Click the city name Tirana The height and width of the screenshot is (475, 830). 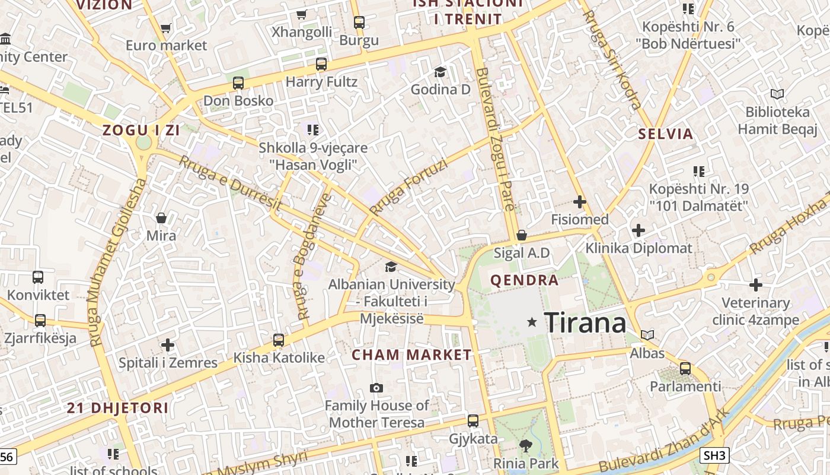pyautogui.click(x=585, y=323)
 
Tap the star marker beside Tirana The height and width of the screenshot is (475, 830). pyautogui.click(x=532, y=322)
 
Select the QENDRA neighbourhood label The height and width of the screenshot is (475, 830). pyautogui.click(x=524, y=280)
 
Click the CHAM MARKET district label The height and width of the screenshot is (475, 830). pyautogui.click(x=412, y=355)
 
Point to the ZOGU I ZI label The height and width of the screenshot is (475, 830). pyautogui.click(x=141, y=131)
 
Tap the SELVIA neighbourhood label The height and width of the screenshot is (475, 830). pyautogui.click(x=666, y=134)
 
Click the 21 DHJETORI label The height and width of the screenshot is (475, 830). pyautogui.click(x=117, y=408)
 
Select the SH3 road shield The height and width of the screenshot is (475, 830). pyautogui.click(x=714, y=455)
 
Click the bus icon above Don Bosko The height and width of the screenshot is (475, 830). pyautogui.click(x=238, y=83)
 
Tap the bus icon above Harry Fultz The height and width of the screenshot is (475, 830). pyautogui.click(x=321, y=64)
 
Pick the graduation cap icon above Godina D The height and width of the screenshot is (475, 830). pyautogui.click(x=440, y=72)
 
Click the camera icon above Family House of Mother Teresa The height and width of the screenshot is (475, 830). pyautogui.click(x=376, y=388)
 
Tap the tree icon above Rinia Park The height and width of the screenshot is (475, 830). pyautogui.click(x=525, y=445)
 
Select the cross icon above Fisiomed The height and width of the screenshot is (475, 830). pyautogui.click(x=580, y=202)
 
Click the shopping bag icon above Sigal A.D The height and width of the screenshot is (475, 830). pyautogui.click(x=522, y=235)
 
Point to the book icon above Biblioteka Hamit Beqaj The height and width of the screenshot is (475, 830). pyautogui.click(x=777, y=94)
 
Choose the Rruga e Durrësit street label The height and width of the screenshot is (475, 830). pyautogui.click(x=231, y=183)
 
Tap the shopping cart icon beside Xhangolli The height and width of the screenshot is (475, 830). pyautogui.click(x=302, y=14)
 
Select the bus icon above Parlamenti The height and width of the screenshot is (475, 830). pyautogui.click(x=685, y=368)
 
